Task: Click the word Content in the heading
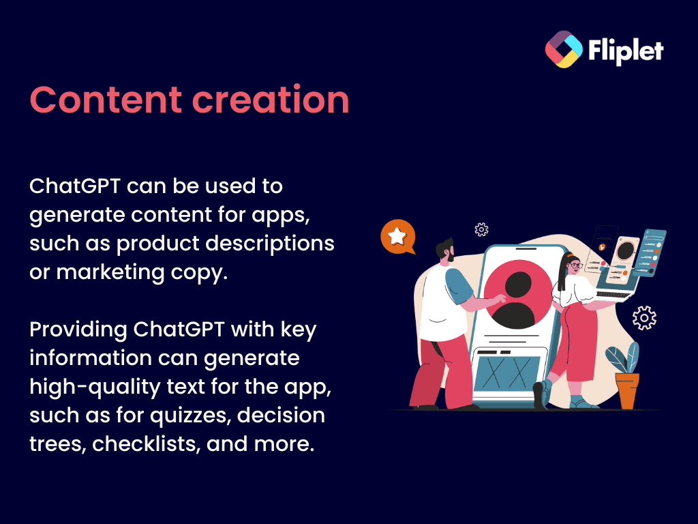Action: tap(106, 100)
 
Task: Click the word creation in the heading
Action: tap(271, 100)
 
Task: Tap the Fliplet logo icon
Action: tap(564, 49)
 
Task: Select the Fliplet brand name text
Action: tap(626, 50)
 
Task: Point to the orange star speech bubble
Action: tap(397, 237)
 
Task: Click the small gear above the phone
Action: tap(481, 229)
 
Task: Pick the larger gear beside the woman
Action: tap(644, 318)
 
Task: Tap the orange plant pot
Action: tap(627, 391)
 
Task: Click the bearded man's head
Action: tap(446, 250)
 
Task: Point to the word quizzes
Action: tap(190, 416)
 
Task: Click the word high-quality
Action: tap(95, 387)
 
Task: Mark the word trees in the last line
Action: tap(57, 444)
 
